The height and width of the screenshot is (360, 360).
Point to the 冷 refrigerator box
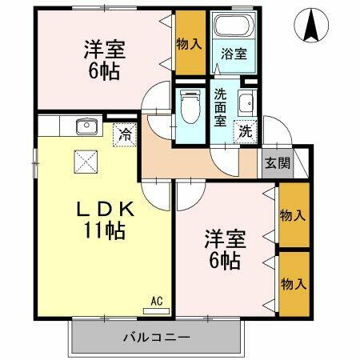[125, 134]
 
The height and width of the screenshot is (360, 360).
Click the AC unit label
[157, 302]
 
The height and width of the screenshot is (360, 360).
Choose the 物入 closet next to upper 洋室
[189, 43]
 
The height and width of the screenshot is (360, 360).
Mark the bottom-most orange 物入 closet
[293, 282]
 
